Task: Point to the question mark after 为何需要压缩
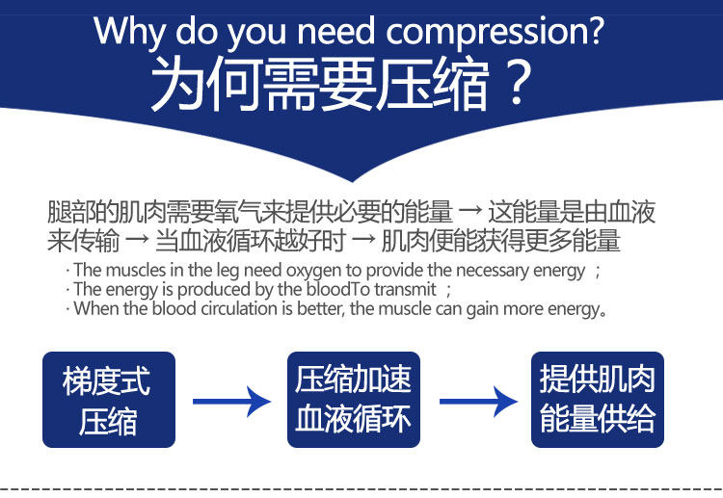pos(519,85)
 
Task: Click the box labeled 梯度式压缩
pos(109,400)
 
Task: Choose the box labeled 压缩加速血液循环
pos(354,400)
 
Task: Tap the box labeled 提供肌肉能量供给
pos(598,400)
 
